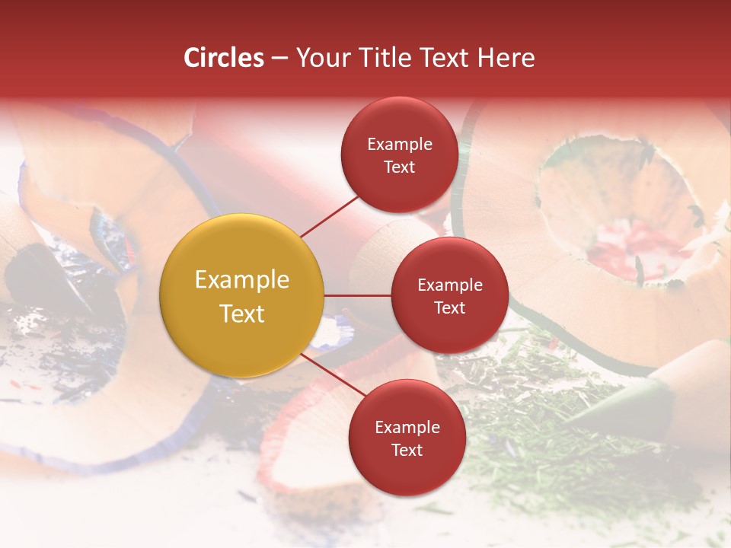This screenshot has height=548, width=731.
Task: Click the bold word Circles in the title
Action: click(x=224, y=58)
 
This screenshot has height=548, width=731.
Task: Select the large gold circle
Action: click(x=241, y=295)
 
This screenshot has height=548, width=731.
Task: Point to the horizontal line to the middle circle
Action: click(x=357, y=295)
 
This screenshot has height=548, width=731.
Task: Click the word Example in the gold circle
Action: click(x=241, y=279)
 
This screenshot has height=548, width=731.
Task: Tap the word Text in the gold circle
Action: click(x=241, y=314)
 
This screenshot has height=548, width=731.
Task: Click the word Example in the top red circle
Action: click(x=399, y=144)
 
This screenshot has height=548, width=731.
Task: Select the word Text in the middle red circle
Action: click(x=449, y=307)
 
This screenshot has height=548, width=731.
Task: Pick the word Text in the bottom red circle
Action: click(x=407, y=450)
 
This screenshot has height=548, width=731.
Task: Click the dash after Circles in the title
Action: click(x=279, y=59)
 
